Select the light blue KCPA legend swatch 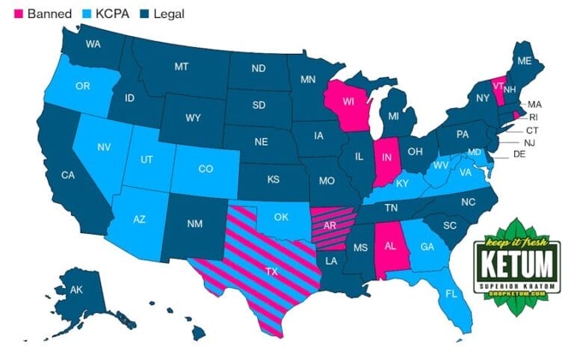click(78, 13)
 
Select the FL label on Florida click(450, 294)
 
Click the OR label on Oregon click(83, 86)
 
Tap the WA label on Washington click(93, 44)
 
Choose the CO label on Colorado click(206, 170)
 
